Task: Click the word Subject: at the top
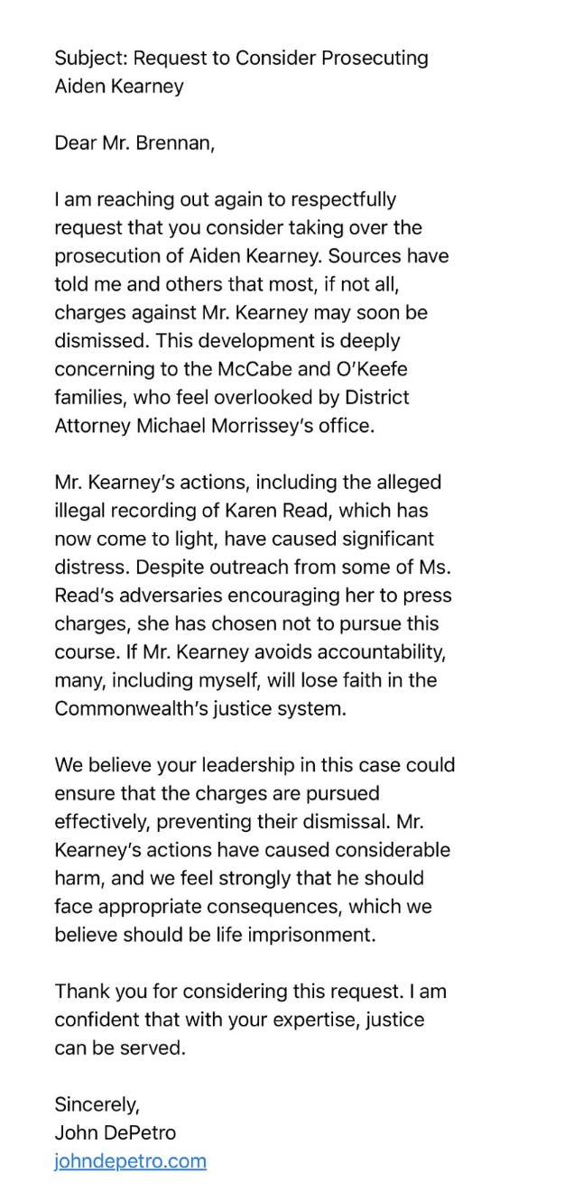tap(90, 59)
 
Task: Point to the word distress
tap(88, 568)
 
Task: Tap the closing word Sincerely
tap(97, 1104)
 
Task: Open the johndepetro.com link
tap(130, 1161)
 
